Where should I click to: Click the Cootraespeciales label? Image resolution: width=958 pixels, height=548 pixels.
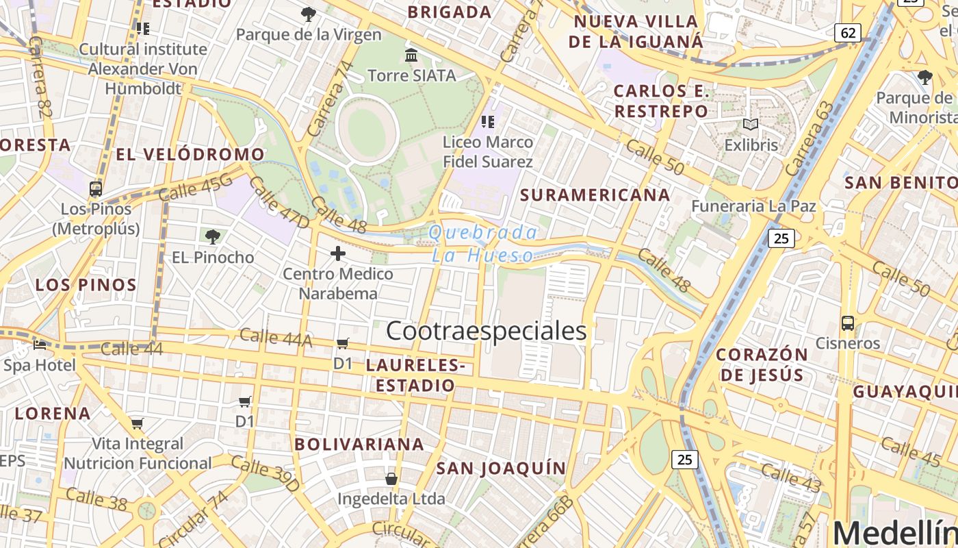point(487,331)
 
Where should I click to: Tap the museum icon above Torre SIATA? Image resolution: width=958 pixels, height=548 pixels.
point(411,55)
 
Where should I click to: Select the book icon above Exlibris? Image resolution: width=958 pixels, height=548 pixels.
point(751,125)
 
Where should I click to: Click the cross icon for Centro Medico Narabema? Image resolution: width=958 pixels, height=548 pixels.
point(337,253)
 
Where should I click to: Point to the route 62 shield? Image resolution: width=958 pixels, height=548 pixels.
point(847,32)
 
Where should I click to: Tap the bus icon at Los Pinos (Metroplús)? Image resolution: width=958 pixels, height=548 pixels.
point(96,189)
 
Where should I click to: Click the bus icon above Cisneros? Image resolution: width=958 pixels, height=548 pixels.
point(847,323)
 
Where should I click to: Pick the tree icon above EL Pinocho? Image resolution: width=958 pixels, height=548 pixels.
point(213,237)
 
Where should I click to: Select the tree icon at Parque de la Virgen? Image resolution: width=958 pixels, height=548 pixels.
point(309,14)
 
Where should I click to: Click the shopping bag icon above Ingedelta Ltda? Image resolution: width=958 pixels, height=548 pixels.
point(391,478)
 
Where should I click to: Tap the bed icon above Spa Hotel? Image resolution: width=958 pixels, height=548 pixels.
point(40,345)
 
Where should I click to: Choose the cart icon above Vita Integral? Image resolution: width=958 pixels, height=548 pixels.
point(137,423)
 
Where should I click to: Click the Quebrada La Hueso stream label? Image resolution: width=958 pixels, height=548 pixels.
point(482,244)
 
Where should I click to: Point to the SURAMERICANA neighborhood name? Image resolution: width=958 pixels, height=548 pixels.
point(595,195)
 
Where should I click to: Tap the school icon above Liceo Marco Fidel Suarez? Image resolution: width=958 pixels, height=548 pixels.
point(487,122)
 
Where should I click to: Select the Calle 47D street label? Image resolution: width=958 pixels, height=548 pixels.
point(279,202)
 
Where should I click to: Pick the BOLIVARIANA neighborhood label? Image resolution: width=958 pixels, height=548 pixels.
point(359,444)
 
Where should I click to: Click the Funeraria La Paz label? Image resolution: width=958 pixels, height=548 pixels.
point(753,206)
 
